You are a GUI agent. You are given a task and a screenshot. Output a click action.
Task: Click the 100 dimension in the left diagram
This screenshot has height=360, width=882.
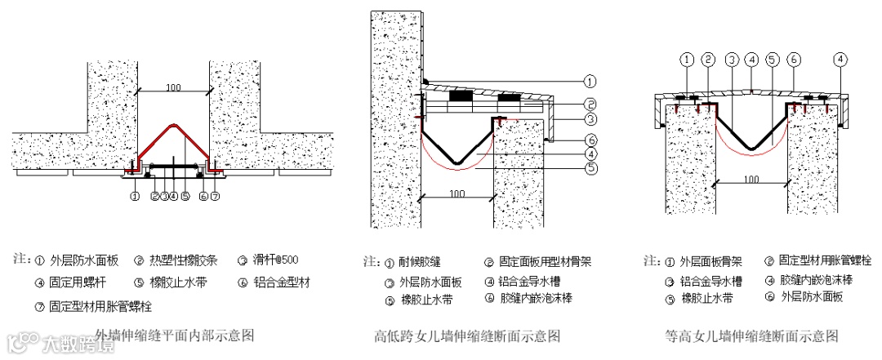(x=173, y=87)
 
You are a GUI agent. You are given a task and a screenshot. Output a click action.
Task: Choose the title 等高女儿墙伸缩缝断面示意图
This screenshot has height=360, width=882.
(x=751, y=336)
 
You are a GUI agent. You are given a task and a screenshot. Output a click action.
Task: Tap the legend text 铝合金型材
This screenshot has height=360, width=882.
(x=283, y=283)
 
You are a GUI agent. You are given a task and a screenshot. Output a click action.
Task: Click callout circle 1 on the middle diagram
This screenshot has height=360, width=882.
(x=590, y=81)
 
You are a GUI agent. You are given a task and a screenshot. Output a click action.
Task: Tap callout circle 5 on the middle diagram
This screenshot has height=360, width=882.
(x=590, y=168)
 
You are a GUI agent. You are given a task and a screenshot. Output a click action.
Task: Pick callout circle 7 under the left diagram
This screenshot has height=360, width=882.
(x=215, y=196)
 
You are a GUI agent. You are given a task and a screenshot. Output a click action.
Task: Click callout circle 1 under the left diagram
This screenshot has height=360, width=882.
(x=135, y=196)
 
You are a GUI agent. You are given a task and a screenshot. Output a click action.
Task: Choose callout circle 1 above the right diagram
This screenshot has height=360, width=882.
(x=688, y=59)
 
